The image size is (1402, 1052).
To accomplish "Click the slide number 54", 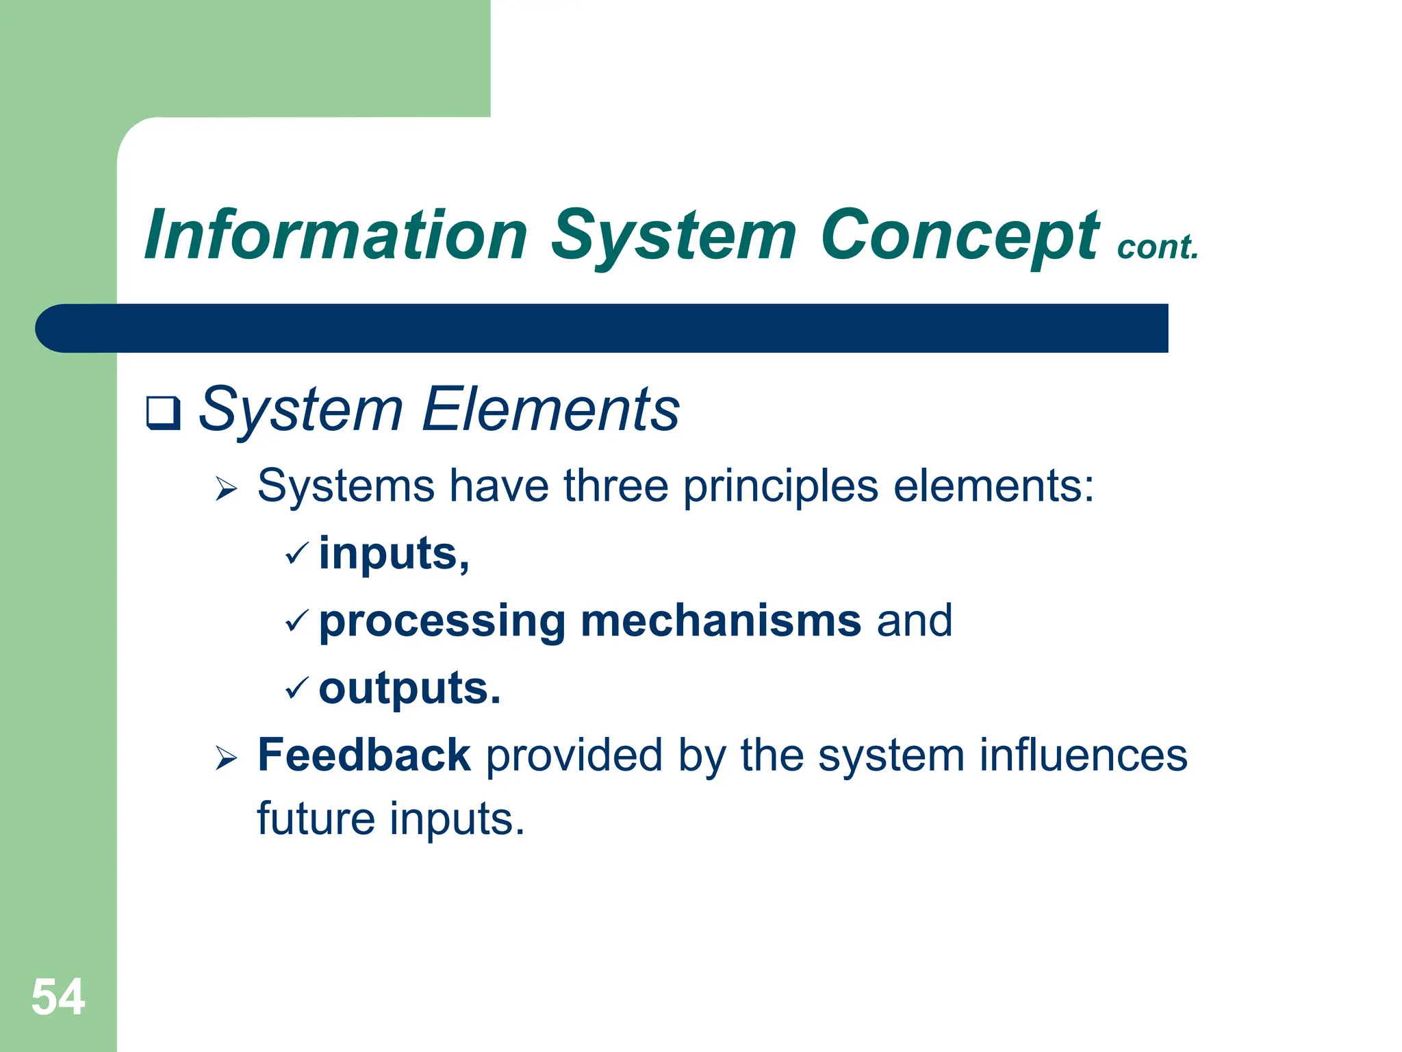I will point(58,997).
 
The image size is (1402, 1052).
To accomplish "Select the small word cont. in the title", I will point(1158,247).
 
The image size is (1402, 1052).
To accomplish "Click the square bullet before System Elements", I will point(163,413).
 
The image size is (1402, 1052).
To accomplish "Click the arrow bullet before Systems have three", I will point(226,489).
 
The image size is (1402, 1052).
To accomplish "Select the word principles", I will point(780,488).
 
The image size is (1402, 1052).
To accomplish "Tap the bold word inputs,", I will point(394,553).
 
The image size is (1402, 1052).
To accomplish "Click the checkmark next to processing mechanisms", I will point(297,621).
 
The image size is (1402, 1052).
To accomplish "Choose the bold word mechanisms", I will point(720,621).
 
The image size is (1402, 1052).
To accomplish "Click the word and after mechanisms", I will point(915,621).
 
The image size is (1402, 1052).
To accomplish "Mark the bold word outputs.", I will point(409,688).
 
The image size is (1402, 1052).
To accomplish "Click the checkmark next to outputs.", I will point(297,688).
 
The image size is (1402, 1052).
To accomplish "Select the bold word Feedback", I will point(364,755).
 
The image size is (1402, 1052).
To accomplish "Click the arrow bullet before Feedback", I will point(226,758).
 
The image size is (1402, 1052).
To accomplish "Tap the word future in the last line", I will point(316,818).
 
